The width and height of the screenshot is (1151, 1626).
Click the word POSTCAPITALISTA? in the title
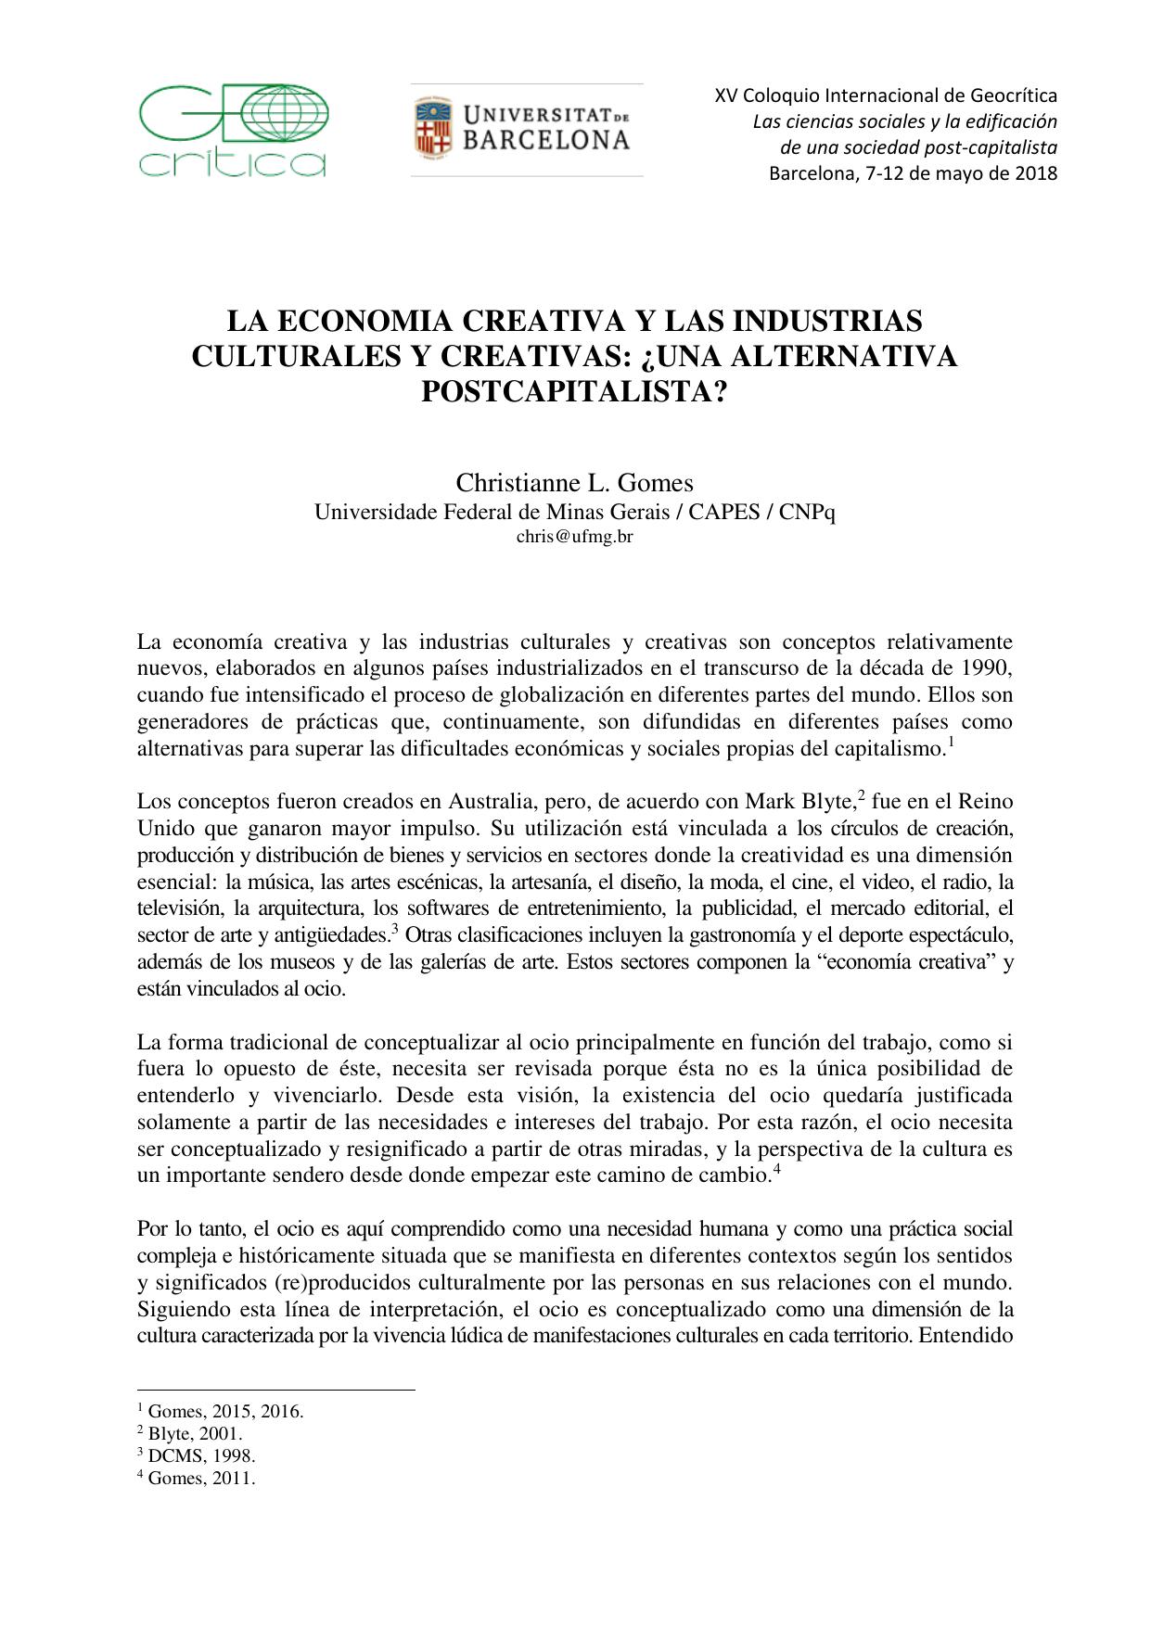574,391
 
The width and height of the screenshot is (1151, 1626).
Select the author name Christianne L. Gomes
574,483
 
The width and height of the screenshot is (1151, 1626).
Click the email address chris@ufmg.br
574,536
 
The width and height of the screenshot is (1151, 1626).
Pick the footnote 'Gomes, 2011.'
200,1479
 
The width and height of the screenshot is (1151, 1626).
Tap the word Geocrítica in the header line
1014,95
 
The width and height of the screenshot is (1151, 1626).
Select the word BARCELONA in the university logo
546,141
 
